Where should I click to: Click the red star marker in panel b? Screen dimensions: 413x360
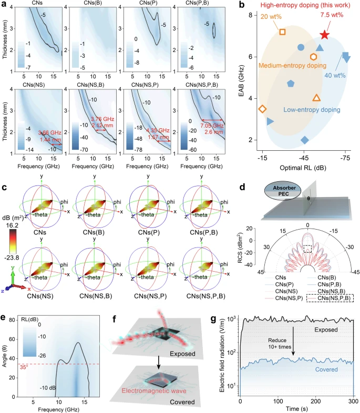click(x=325, y=35)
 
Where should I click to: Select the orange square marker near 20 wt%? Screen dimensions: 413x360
click(x=282, y=32)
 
